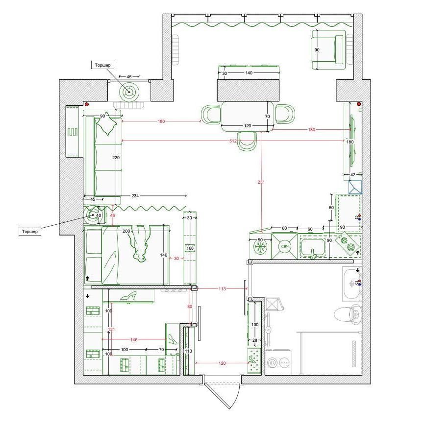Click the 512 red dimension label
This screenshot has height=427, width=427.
pos(233,141)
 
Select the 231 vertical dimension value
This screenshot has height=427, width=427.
pos(261,182)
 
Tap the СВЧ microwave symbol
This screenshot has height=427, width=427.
pos(284,247)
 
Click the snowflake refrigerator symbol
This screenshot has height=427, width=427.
pos(260,247)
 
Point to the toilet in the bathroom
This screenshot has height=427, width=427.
pos(348,314)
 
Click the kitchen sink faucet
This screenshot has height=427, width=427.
pos(313,254)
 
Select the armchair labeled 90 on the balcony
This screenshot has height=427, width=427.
pos(328,49)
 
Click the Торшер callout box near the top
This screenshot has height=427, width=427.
pos(103,65)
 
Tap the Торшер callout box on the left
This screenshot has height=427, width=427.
pos(30,232)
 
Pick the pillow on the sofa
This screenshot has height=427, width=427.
pos(106,124)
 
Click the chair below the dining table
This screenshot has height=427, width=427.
pos(247,141)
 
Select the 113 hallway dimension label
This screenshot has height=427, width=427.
pos(222,288)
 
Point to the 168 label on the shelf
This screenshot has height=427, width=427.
pos(190,248)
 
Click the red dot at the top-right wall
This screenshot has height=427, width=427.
pos(359,104)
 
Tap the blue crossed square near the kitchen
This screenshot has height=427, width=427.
pos(355,188)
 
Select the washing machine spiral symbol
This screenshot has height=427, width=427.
pos(273,363)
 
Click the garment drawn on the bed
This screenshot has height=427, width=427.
pos(140,243)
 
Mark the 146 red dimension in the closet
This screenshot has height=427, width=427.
pos(134,339)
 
